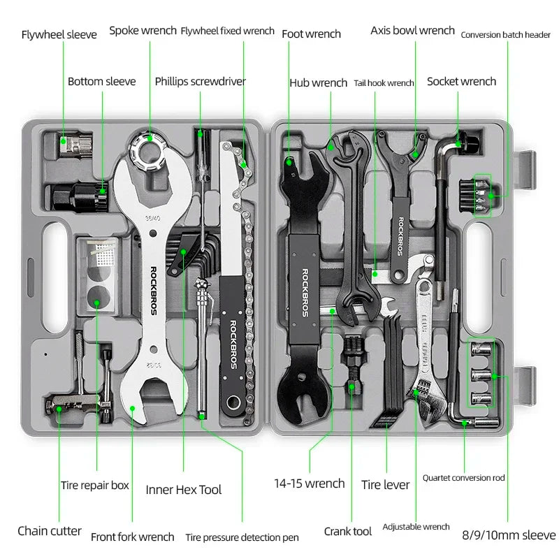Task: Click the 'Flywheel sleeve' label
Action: tap(59, 34)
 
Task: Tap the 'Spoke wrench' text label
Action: tap(143, 31)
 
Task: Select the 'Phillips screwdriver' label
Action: tap(201, 82)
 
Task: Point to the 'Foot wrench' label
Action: tap(311, 34)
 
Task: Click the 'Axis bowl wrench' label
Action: tap(412, 31)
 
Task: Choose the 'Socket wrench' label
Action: tap(461, 82)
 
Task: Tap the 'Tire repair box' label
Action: tap(95, 485)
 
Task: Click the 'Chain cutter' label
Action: tap(50, 531)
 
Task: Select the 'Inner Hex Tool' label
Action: tap(184, 490)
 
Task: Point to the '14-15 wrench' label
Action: tap(309, 484)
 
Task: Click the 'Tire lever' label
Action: tap(385, 484)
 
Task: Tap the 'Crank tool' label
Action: tap(347, 532)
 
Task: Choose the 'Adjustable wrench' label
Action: tap(416, 527)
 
